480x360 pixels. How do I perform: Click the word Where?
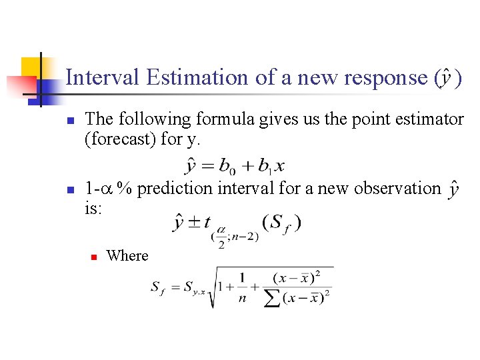pyautogui.click(x=127, y=255)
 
